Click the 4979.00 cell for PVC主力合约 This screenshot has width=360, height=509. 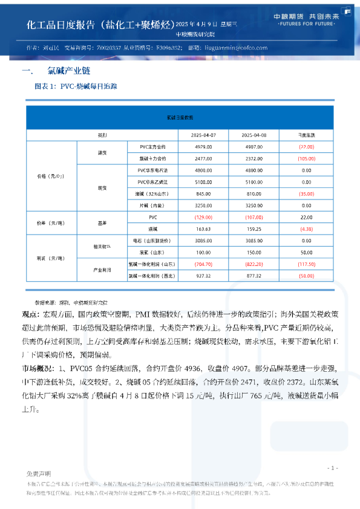[x=203, y=147]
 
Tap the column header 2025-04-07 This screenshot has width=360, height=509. [x=203, y=135]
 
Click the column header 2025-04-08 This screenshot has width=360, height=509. [x=254, y=135]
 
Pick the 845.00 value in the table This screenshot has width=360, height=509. [x=203, y=193]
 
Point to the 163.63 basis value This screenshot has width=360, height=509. [x=203, y=229]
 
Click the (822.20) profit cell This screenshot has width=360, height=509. [x=254, y=264]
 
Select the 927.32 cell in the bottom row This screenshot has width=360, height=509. [x=203, y=276]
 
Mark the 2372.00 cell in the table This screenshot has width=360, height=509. [x=254, y=158]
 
